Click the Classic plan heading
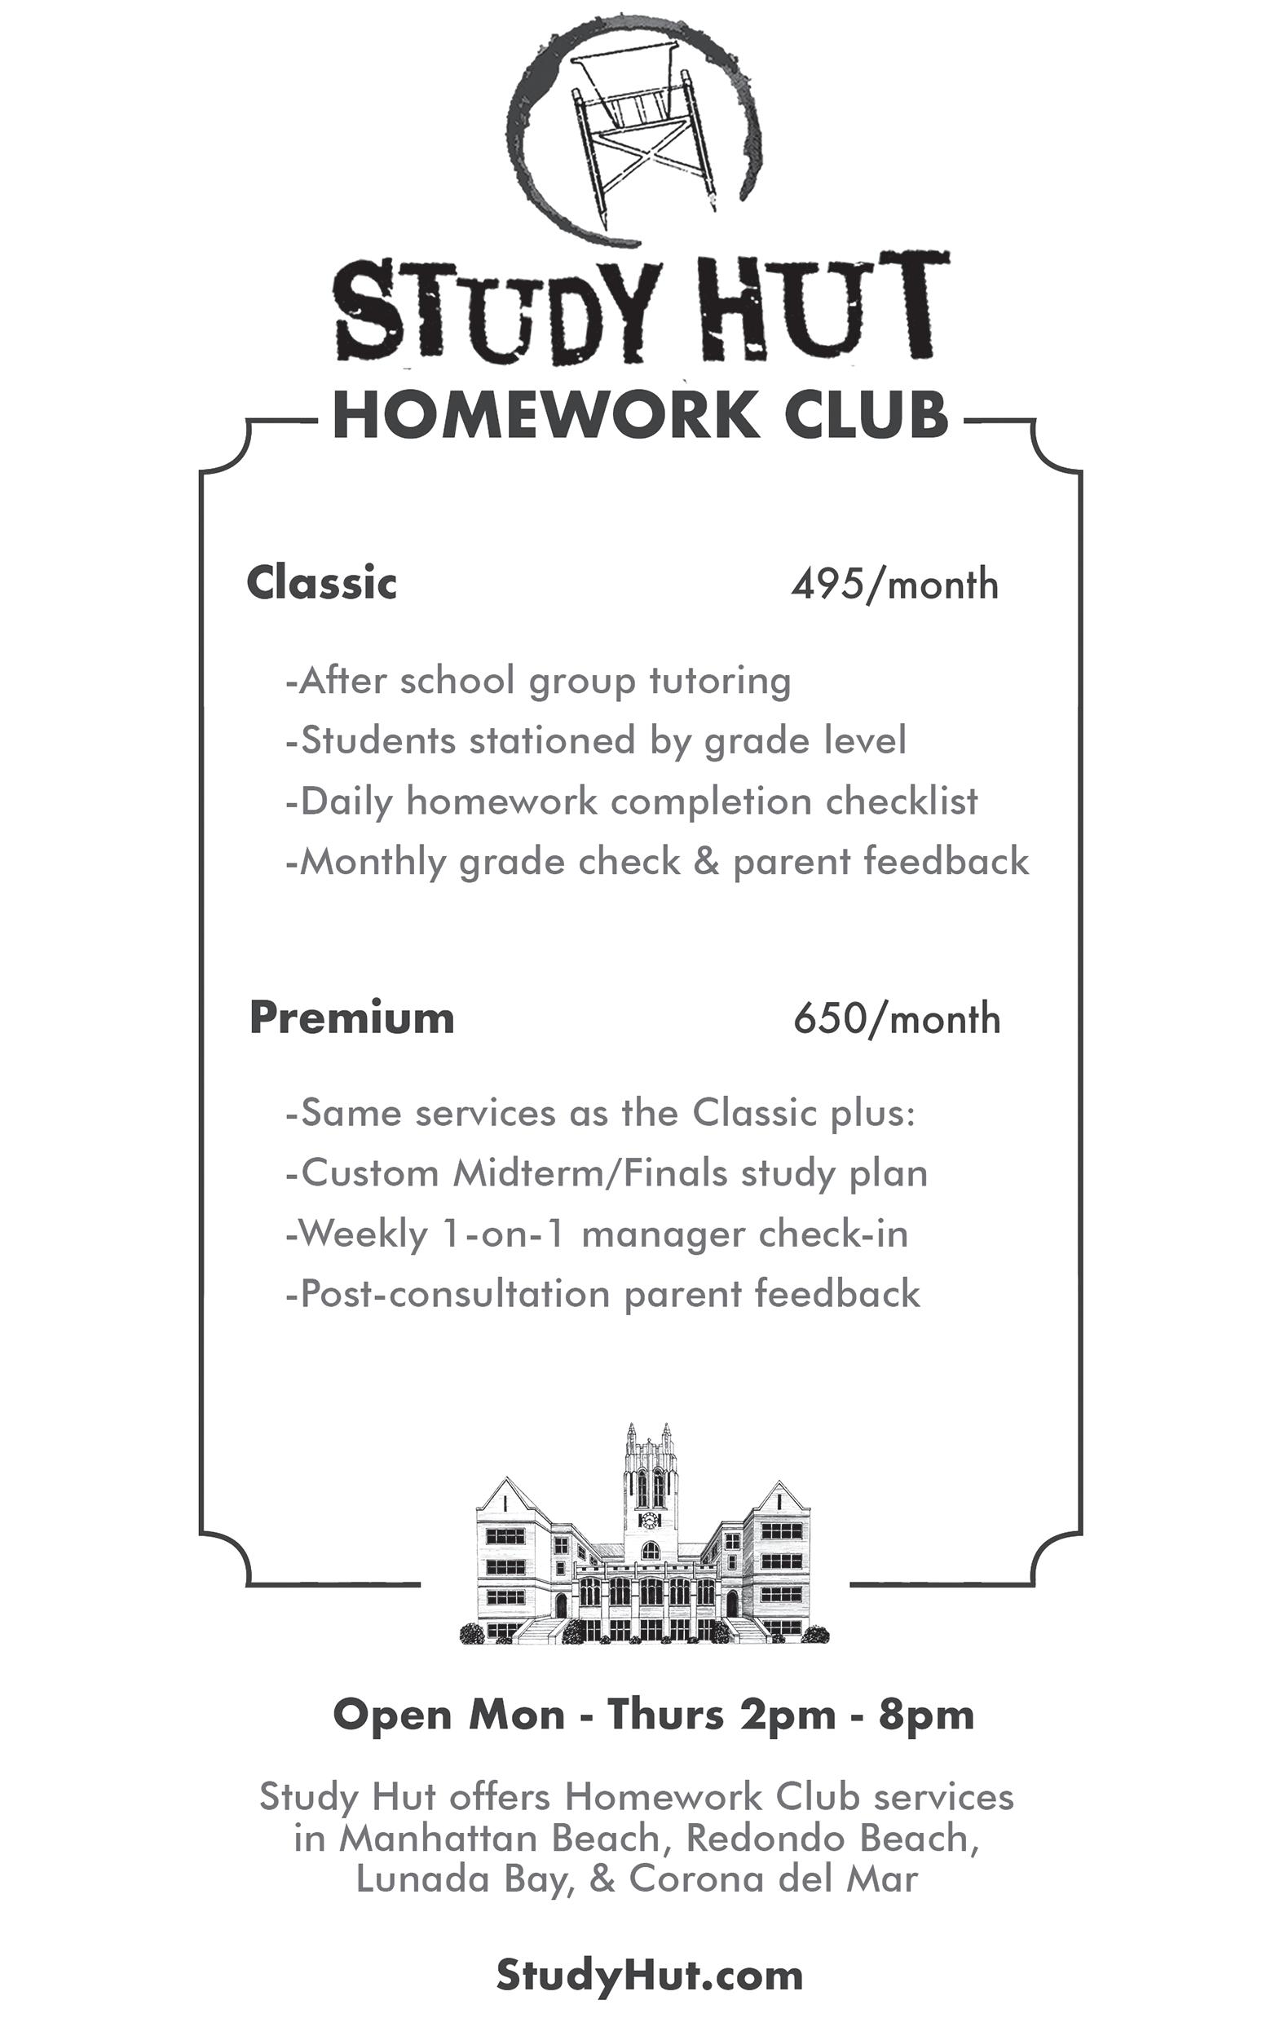[321, 582]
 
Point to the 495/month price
[894, 584]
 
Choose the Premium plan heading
[352, 1018]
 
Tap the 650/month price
[897, 1019]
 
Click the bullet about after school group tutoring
[538, 682]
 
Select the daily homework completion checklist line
[631, 802]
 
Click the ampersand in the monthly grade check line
[707, 862]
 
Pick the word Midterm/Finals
[590, 1173]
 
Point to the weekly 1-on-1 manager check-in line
[597, 1234]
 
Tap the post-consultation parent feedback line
[602, 1294]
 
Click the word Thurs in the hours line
[665, 1715]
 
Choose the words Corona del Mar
[773, 1879]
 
